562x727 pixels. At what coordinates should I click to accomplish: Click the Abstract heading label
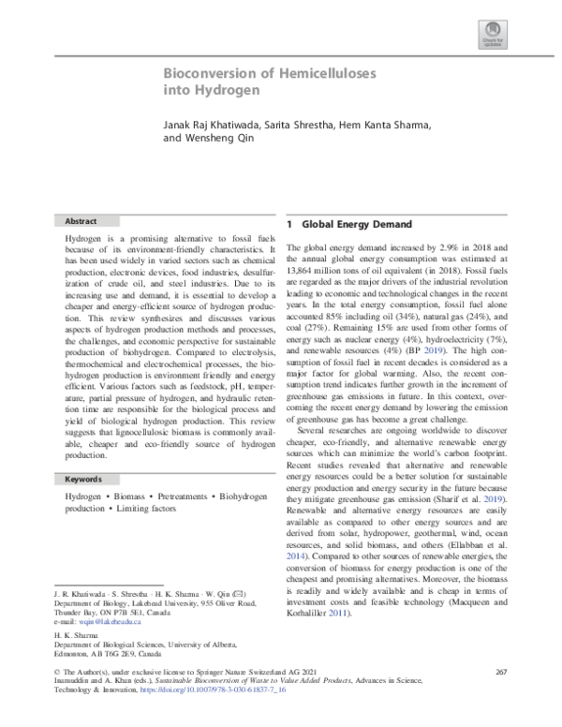pos(81,221)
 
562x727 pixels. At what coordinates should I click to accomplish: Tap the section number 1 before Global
pos(290,225)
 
